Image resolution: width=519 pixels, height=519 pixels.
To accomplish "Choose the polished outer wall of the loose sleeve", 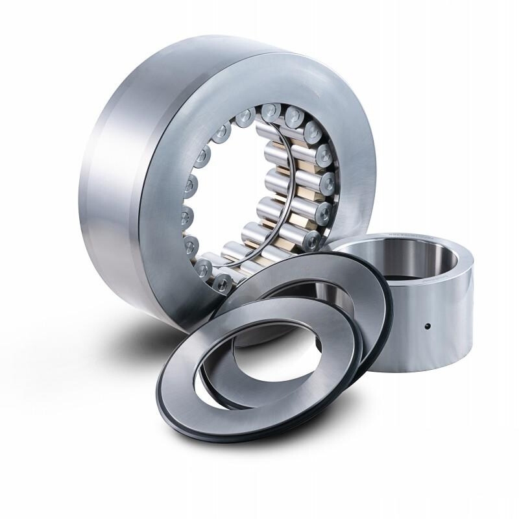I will click(x=402, y=331).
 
